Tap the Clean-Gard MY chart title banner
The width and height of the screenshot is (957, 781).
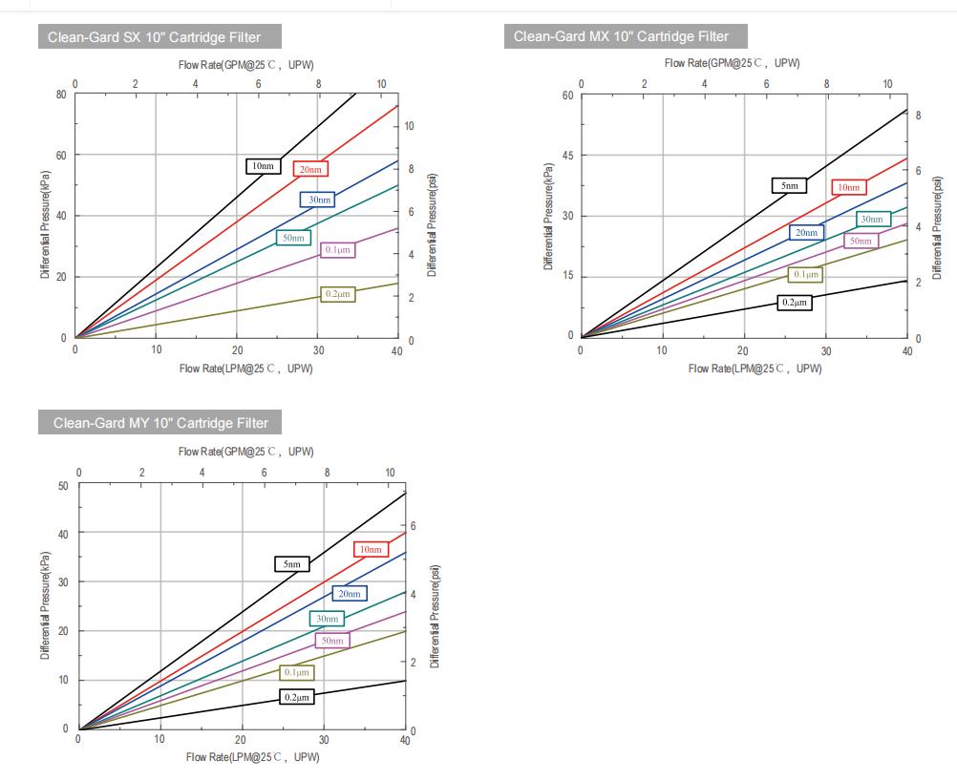160,422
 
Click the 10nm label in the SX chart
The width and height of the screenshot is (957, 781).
263,166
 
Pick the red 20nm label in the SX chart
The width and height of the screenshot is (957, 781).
310,169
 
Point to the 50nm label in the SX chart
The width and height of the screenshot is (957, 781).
292,237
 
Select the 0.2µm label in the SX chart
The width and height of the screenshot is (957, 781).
338,294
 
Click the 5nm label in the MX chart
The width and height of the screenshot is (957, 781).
789,185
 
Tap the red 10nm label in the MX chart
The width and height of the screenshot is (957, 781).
849,187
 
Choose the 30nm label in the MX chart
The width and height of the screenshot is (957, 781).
873,219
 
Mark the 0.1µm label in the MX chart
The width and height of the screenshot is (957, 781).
806,274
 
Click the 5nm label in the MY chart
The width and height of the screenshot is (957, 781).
291,563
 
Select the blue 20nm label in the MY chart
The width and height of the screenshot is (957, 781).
350,593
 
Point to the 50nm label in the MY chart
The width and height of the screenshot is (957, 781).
331,641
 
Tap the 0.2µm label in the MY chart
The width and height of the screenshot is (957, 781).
297,697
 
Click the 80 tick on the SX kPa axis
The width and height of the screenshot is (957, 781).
60,94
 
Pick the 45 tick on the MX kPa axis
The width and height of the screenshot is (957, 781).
568,156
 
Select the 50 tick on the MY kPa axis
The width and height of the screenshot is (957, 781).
63,485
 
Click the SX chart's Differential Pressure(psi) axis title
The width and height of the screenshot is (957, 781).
433,225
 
